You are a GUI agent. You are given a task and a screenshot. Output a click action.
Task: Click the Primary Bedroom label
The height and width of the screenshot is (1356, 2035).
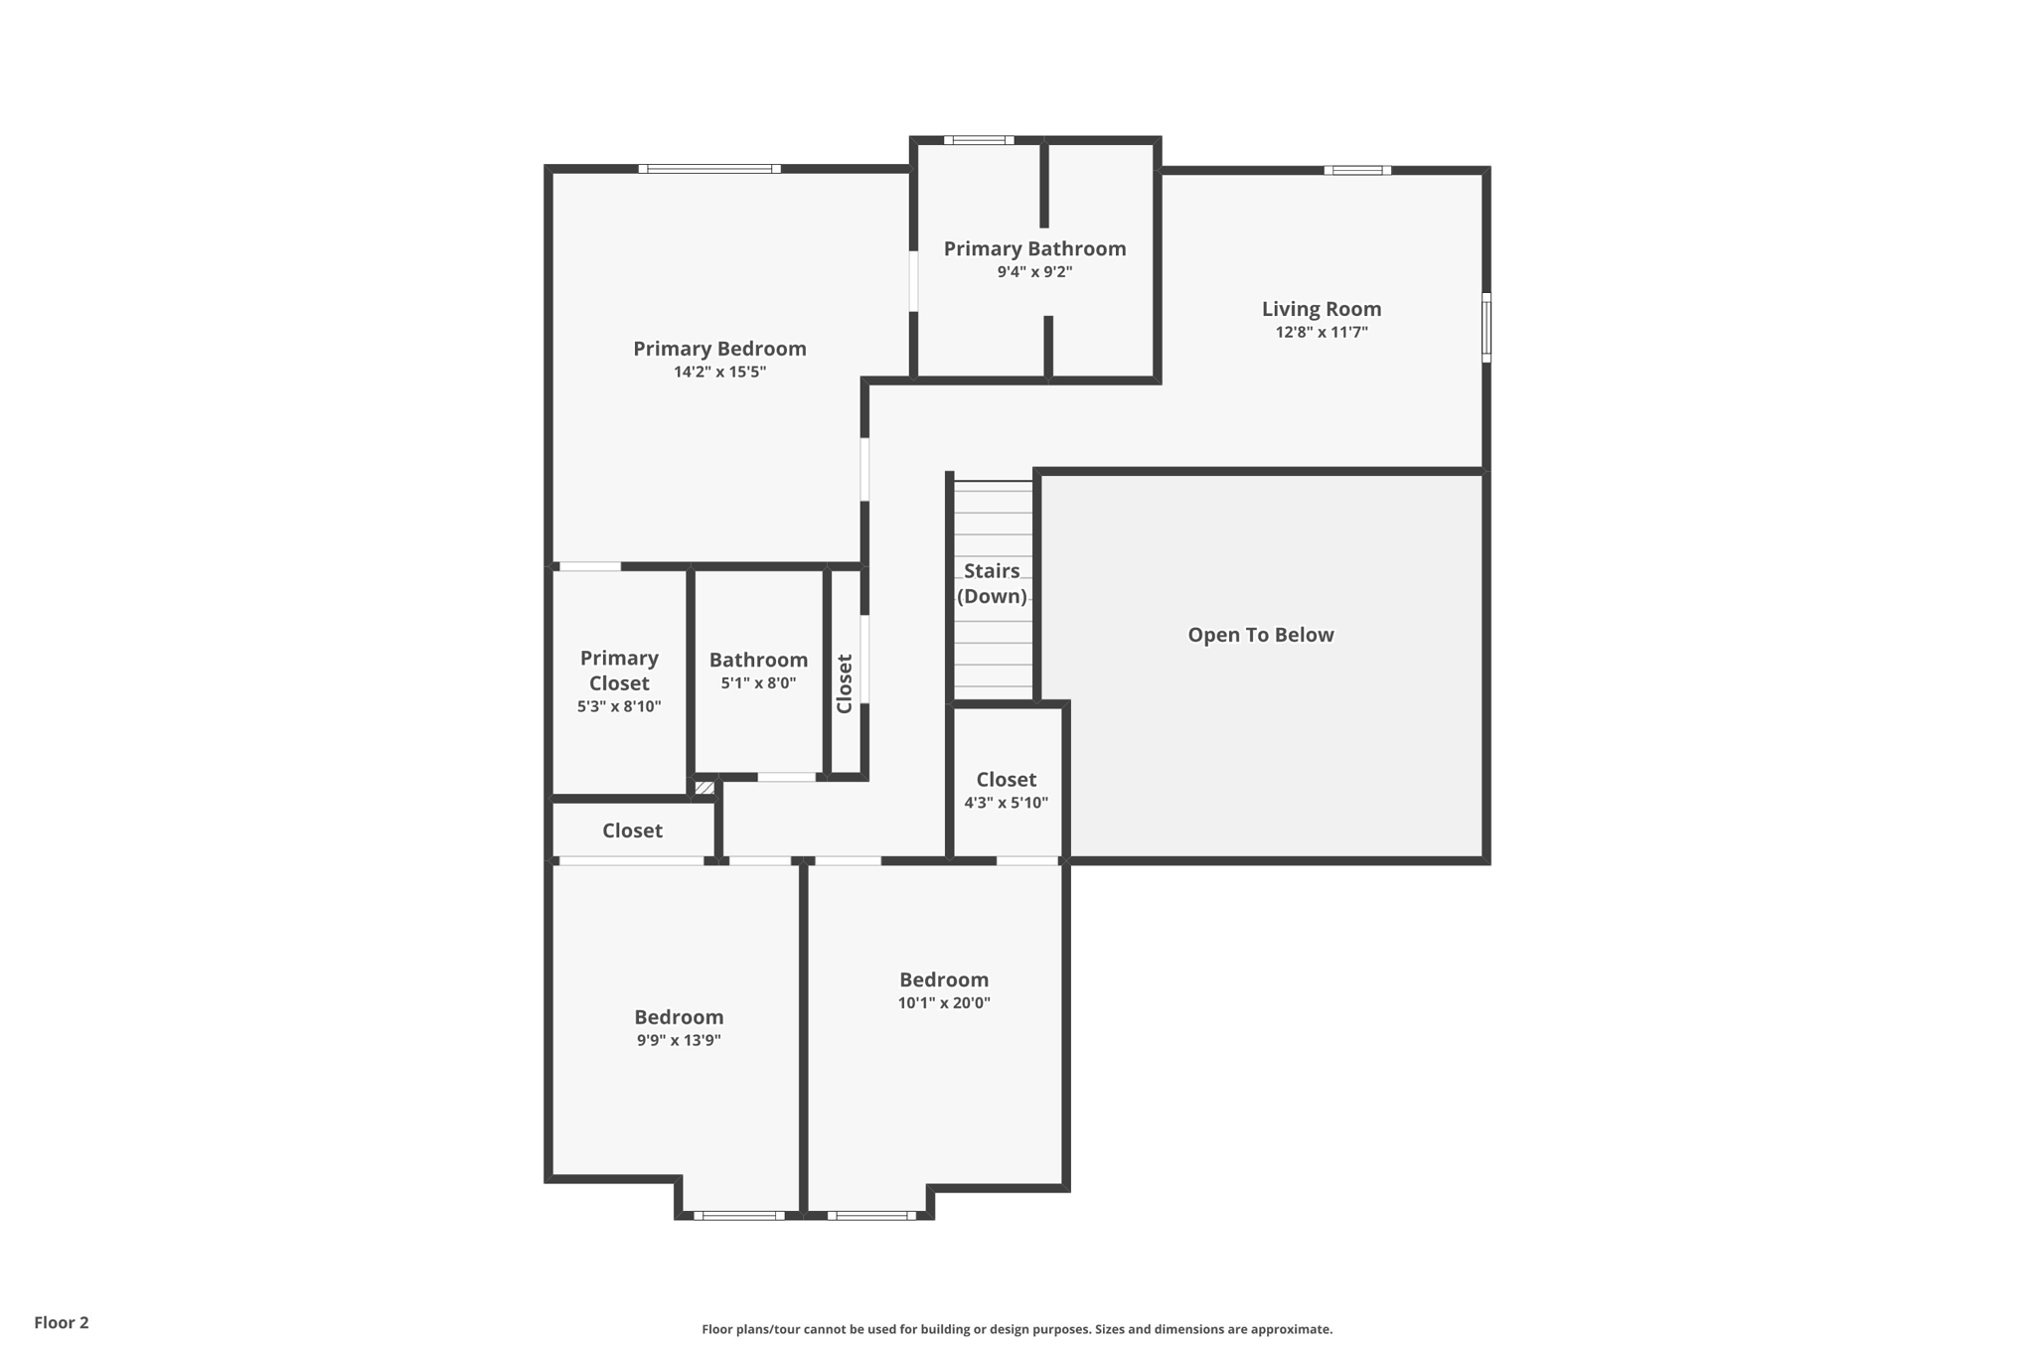click(719, 349)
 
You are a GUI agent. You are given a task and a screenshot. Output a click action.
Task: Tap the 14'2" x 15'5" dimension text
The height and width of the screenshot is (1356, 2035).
click(719, 373)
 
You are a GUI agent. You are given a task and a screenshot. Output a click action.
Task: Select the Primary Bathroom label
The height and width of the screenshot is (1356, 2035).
click(1034, 248)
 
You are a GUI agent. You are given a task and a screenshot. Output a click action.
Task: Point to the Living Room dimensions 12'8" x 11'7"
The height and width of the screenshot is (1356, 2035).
click(1322, 333)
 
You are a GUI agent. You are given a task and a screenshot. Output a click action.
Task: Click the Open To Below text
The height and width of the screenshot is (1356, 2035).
click(1260, 635)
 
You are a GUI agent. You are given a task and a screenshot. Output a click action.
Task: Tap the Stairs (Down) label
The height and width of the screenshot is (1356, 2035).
click(992, 583)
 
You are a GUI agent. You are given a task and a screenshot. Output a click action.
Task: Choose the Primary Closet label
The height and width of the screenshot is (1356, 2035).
click(619, 671)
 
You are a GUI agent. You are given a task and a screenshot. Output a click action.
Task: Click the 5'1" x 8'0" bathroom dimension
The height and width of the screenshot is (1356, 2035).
click(758, 683)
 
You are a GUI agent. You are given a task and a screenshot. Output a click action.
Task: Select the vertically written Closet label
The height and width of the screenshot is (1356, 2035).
click(845, 683)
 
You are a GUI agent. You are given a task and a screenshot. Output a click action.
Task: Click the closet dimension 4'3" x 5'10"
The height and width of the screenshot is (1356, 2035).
click(1006, 803)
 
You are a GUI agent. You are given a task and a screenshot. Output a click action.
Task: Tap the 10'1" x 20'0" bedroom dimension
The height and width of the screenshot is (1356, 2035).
click(944, 1003)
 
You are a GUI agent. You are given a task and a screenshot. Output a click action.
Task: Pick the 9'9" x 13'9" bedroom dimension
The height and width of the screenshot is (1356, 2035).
click(679, 1041)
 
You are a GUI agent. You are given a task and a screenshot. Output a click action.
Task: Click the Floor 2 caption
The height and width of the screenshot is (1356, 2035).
click(62, 1322)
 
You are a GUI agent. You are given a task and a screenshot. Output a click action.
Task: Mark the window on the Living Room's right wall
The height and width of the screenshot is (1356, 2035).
click(1487, 327)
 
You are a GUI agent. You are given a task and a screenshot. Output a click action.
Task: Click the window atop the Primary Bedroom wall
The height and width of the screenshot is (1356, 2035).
click(709, 169)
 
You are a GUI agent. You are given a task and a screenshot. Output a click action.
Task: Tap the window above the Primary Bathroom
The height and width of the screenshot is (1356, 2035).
click(979, 140)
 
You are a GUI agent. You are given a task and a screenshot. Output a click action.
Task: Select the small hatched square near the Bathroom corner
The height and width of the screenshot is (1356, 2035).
click(704, 788)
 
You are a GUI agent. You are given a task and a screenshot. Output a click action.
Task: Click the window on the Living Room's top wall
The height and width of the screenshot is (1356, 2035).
click(1357, 171)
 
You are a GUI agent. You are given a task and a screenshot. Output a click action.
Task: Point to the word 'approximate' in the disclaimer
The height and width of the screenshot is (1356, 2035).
click(1291, 1329)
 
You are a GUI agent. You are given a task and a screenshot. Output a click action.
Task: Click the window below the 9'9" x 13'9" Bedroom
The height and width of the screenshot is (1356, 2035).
click(739, 1215)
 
